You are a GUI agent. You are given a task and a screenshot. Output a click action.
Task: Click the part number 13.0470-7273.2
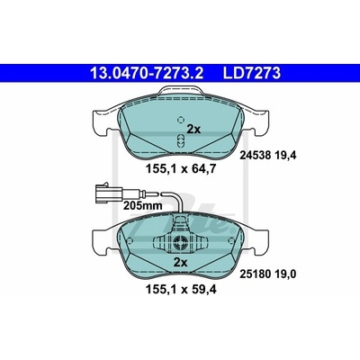(x=147, y=73)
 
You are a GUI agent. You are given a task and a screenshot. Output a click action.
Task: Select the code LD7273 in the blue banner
(x=251, y=73)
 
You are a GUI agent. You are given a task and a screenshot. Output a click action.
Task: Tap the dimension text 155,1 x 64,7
(x=181, y=169)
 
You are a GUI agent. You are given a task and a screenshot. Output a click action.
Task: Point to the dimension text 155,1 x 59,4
(x=181, y=290)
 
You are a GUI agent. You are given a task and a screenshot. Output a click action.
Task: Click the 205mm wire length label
(x=143, y=206)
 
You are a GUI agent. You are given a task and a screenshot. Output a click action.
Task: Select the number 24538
(x=256, y=156)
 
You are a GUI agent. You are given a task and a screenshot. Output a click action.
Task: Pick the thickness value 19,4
(x=286, y=156)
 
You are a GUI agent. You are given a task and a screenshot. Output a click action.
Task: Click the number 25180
(x=256, y=274)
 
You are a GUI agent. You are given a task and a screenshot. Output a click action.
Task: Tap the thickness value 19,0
(x=286, y=274)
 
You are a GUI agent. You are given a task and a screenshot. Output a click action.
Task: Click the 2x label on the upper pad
(x=193, y=130)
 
